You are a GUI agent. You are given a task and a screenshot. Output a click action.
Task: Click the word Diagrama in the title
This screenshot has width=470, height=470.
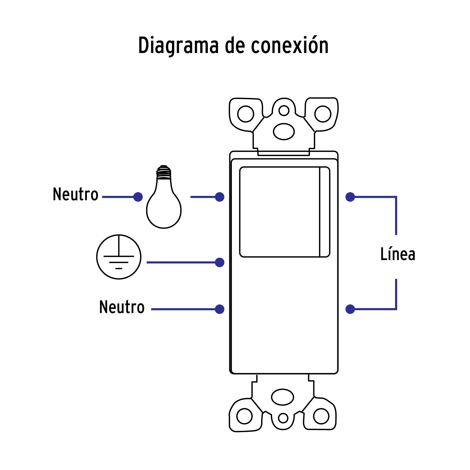[x=178, y=46]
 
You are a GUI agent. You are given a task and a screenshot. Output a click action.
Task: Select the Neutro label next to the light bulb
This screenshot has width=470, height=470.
[x=75, y=194]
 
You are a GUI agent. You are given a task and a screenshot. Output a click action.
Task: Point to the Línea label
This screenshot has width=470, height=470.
[x=397, y=254]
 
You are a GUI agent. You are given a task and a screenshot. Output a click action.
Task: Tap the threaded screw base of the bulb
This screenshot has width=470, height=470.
[x=164, y=172]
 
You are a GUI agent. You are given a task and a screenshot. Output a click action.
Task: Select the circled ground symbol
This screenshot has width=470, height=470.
[x=119, y=257]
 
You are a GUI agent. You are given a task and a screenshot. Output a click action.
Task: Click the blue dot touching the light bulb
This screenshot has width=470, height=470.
[x=138, y=197]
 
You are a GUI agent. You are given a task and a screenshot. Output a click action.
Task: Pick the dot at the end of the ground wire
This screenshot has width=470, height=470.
[x=220, y=262]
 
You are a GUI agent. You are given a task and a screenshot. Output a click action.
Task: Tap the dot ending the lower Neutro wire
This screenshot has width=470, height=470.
[x=220, y=309]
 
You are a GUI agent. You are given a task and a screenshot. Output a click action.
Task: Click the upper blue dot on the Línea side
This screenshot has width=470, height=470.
[x=350, y=197]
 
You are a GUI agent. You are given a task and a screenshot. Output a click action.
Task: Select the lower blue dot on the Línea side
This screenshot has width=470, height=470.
[x=350, y=309]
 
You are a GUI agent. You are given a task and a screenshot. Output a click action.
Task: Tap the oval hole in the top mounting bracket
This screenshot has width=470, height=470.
[x=284, y=131]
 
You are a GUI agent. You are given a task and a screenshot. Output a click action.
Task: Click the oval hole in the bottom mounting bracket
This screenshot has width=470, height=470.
[x=283, y=397]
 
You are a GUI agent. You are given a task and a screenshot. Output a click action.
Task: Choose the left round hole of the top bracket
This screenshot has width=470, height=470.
[x=245, y=114]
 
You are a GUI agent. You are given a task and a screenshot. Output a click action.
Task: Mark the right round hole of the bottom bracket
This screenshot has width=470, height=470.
[x=321, y=416]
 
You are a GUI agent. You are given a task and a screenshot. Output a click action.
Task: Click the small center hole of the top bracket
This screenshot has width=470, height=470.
[x=284, y=110]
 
